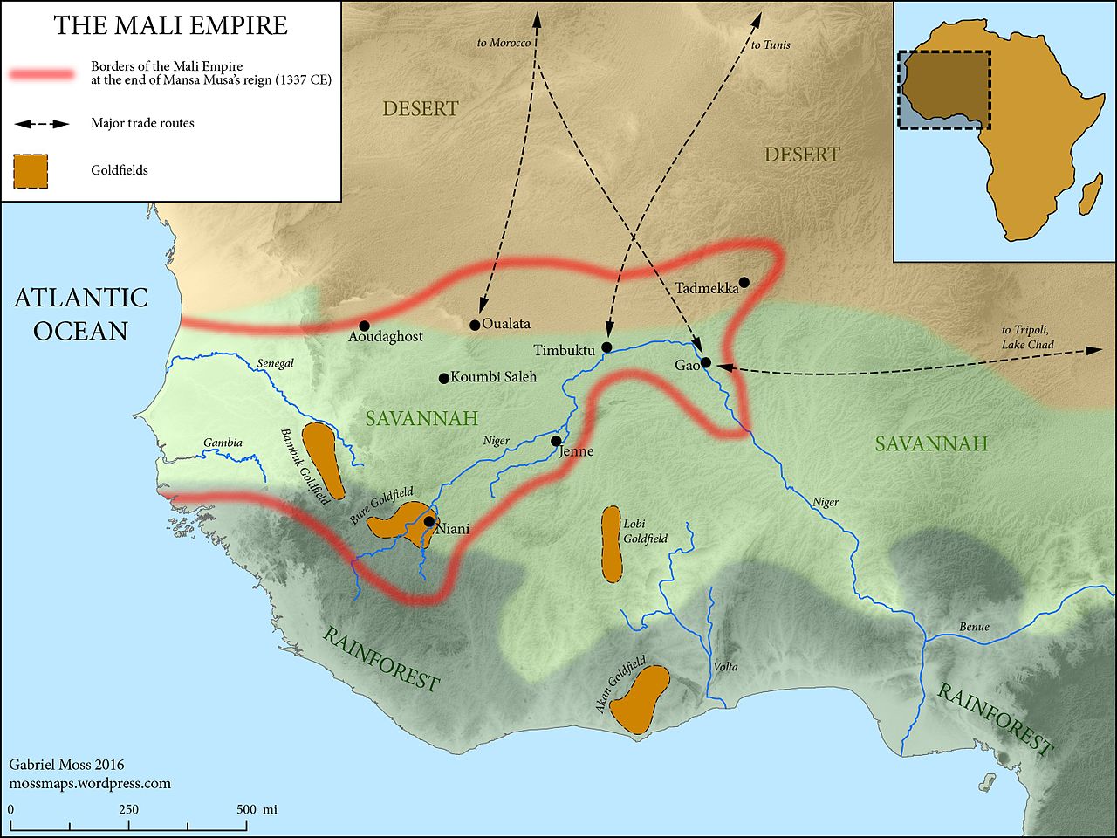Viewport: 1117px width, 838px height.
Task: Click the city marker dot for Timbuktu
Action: coord(606,347)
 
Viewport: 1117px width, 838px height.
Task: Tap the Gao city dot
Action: coord(706,362)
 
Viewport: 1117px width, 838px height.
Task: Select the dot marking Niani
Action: coord(429,521)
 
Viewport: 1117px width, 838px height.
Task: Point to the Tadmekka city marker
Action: coord(744,282)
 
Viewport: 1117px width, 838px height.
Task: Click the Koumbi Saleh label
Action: coord(493,377)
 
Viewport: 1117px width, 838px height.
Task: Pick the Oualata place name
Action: coord(506,324)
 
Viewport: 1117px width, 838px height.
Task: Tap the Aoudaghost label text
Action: coord(386,336)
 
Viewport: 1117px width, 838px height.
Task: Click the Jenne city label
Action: coord(577,451)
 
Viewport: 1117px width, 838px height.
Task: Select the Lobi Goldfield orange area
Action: coord(611,544)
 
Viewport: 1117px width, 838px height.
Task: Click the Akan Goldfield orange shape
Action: coord(641,698)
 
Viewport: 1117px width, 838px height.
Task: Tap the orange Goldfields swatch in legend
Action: coord(31,171)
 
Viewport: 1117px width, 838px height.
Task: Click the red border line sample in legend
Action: coord(42,74)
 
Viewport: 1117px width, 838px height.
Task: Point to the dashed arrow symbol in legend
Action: coord(42,124)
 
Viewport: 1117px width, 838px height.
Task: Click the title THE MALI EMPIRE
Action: coord(171,25)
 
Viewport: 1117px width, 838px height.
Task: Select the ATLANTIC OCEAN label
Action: coord(81,314)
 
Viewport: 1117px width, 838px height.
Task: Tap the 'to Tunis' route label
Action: coord(771,45)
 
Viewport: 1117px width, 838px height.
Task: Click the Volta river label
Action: coord(725,667)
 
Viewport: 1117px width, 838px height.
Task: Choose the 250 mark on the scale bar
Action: coord(128,809)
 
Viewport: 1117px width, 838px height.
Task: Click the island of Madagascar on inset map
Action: coord(1089,193)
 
